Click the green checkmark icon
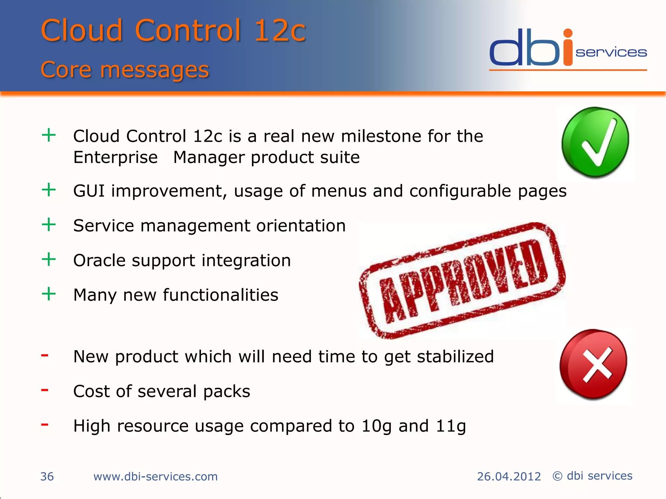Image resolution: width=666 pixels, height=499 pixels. tap(595, 142)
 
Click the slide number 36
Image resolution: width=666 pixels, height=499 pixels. tap(47, 477)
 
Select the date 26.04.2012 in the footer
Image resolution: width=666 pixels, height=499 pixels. tap(509, 477)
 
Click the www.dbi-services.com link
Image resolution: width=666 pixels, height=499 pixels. tap(155, 477)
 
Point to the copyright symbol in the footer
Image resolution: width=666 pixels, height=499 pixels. tap(557, 476)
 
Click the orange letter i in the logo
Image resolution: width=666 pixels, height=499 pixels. tap(567, 49)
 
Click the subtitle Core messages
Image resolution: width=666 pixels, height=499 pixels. tap(125, 70)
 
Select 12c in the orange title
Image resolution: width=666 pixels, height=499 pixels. tap(280, 31)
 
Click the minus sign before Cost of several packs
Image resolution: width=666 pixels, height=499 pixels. tap(45, 390)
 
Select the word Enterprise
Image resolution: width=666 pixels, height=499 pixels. tap(115, 158)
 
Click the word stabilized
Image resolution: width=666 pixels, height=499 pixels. tap(455, 357)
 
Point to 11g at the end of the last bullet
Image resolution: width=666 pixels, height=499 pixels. tap(451, 426)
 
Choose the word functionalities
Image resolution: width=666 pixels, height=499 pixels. tap(220, 295)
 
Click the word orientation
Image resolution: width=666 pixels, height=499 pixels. tap(301, 226)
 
